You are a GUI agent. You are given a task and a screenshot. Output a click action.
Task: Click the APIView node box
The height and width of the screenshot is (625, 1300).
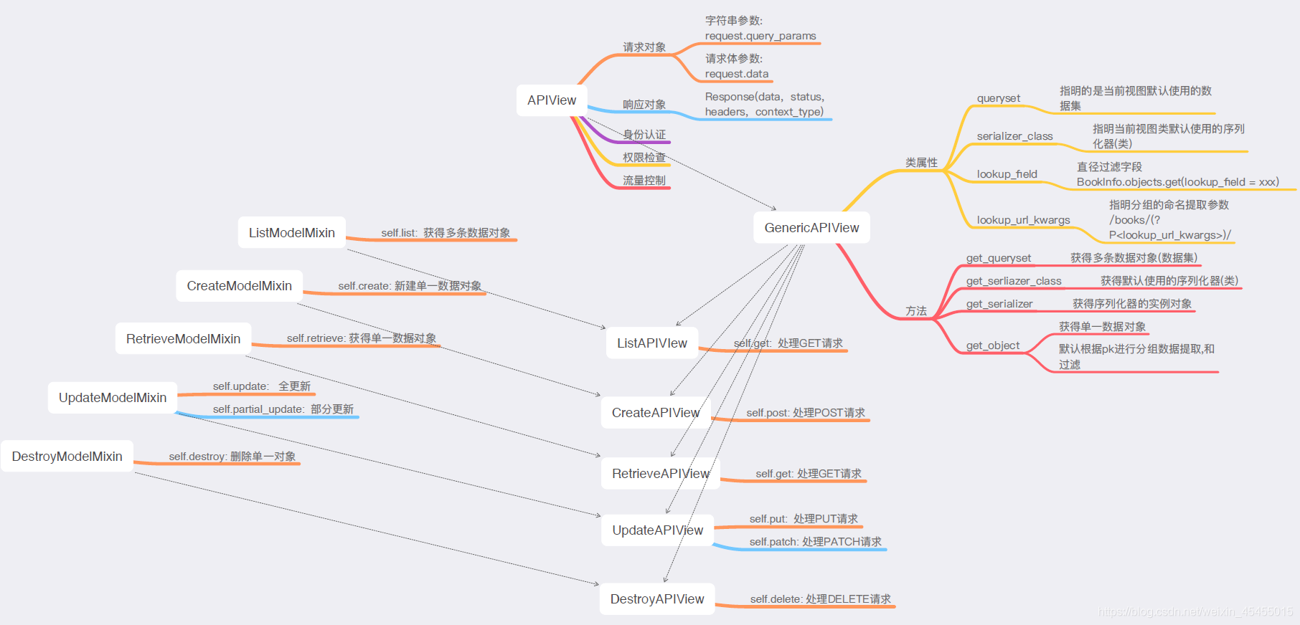[552, 100]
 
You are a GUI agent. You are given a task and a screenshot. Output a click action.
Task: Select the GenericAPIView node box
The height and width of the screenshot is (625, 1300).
[811, 228]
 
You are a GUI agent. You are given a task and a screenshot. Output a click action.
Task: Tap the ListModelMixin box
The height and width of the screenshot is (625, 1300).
[291, 233]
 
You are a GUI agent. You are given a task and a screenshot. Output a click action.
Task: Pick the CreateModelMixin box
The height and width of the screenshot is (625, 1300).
[239, 286]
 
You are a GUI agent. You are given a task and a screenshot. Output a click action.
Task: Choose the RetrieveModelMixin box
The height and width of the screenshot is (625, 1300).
[183, 339]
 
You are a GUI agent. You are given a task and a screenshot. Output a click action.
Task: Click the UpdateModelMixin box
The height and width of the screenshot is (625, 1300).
[113, 398]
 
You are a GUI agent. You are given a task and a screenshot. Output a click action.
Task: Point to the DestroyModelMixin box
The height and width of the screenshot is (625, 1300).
[67, 457]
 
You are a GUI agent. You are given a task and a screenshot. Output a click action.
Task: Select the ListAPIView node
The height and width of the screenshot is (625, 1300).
[651, 343]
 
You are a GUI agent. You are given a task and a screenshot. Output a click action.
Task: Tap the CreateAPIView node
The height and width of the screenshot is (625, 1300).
[655, 413]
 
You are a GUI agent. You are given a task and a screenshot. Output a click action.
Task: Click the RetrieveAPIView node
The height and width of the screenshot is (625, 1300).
[660, 474]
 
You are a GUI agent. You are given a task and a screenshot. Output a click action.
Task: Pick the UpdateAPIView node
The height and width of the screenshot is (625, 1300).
[657, 530]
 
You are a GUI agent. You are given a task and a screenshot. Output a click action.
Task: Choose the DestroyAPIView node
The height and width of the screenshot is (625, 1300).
[657, 599]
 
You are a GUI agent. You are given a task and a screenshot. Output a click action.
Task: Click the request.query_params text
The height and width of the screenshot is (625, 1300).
[760, 36]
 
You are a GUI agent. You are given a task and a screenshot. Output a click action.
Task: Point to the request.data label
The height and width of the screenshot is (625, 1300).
[737, 74]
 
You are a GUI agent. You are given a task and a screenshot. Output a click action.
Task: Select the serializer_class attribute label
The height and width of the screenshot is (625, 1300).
[1014, 136]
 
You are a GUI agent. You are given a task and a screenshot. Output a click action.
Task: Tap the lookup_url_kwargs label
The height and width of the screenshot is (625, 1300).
[1023, 220]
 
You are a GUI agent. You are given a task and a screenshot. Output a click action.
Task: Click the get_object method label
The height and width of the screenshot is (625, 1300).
[992, 345]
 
